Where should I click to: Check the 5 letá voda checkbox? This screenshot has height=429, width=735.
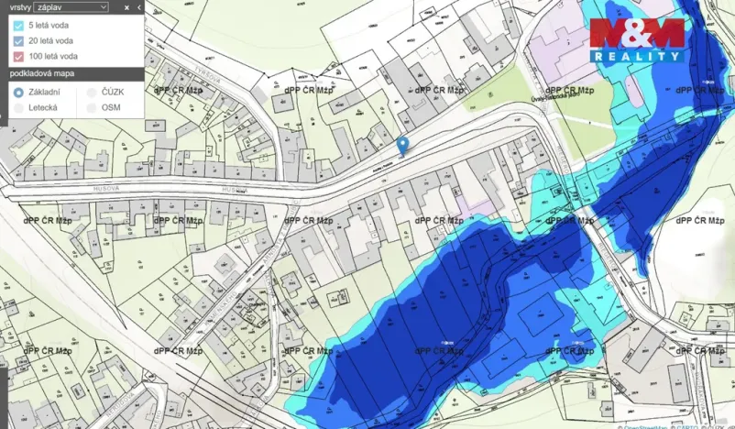pos(18,25)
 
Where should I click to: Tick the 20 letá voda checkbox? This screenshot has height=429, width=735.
pos(18,40)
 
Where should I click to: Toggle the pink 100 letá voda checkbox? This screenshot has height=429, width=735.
pos(18,56)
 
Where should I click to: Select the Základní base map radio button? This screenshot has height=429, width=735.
pos(18,93)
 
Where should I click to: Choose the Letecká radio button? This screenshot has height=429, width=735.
pos(18,108)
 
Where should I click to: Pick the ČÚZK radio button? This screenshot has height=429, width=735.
pos(91,93)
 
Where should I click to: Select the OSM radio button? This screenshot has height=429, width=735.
pos(91,108)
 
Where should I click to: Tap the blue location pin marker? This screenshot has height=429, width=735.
pos(401,145)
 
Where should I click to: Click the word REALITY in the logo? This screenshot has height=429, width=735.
pos(637,57)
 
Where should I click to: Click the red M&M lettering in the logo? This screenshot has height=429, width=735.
pos(637,33)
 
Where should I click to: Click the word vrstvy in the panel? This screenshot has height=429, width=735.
pos(20,6)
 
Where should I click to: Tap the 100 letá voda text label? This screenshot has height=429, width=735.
pos(53,56)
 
